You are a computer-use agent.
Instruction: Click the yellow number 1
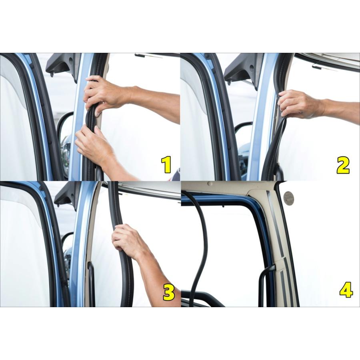point(166,164)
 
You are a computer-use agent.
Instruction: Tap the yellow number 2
point(343,165)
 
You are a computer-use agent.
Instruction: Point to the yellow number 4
point(346,290)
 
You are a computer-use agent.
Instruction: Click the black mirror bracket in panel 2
point(243,69)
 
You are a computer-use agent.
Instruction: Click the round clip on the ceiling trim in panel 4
point(210,184)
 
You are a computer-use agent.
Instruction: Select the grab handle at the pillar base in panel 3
point(91,282)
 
